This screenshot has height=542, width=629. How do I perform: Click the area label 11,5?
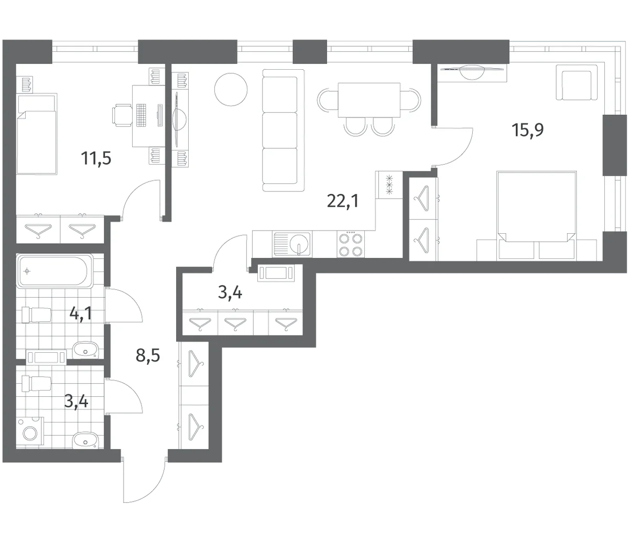[96, 158]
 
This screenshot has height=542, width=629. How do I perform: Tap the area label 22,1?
[343, 201]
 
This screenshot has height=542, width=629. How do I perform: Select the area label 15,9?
[528, 130]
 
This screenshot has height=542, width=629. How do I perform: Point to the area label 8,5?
[148, 355]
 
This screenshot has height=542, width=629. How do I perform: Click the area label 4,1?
[81, 313]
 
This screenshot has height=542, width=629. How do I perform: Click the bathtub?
[55, 271]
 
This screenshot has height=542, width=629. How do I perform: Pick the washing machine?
[30, 432]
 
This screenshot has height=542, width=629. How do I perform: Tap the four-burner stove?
[351, 244]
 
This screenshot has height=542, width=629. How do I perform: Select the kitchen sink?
[292, 244]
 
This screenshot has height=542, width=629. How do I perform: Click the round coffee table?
[231, 90]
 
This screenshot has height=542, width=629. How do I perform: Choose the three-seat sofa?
[283, 131]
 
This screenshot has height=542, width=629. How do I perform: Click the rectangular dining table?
[369, 100]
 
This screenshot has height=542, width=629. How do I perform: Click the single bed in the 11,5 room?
[37, 134]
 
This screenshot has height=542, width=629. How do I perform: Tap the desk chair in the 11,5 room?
[122, 115]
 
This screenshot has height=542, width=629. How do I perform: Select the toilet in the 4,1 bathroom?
[36, 315]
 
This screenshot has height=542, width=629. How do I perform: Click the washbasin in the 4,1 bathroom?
[85, 350]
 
